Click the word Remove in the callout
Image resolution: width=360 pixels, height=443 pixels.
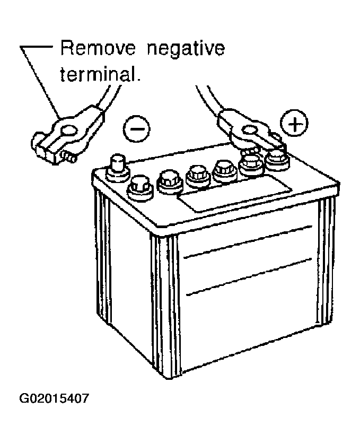[98, 48]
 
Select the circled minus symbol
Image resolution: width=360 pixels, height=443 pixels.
[136, 129]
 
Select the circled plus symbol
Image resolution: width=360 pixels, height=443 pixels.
[294, 123]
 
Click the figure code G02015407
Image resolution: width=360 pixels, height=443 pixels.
[54, 398]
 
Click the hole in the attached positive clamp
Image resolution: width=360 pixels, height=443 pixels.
[249, 130]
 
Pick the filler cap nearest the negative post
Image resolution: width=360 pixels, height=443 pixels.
[140, 188]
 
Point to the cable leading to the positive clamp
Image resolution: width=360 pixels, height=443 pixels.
[209, 99]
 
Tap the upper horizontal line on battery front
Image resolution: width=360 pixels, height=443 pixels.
[248, 241]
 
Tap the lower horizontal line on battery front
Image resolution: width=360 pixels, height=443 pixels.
[249, 277]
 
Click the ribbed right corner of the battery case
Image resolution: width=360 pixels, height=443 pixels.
[326, 260]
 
